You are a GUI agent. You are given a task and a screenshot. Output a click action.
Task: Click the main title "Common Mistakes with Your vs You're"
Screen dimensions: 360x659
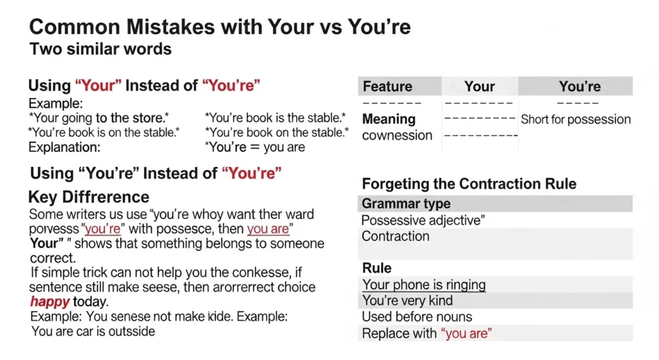(x=220, y=27)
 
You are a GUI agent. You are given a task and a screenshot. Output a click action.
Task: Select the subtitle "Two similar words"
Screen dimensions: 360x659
(x=100, y=48)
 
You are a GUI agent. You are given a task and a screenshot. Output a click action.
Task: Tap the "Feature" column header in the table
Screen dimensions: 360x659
(x=387, y=86)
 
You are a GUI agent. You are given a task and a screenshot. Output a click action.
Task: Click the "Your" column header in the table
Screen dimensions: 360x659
(x=479, y=86)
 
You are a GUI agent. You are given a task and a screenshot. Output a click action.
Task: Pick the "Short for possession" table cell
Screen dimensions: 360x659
(x=575, y=119)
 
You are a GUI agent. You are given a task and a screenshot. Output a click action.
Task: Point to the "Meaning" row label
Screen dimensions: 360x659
(x=389, y=119)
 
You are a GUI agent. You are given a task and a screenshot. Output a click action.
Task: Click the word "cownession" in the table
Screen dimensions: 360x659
(x=397, y=135)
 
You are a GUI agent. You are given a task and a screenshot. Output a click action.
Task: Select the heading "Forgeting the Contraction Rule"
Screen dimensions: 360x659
(x=469, y=184)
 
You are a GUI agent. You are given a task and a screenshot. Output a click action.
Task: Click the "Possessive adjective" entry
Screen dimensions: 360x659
(x=423, y=220)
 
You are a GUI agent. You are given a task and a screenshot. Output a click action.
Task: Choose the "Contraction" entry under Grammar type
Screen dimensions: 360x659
(x=395, y=236)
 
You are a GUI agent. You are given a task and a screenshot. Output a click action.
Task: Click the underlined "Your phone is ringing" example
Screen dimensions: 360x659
(x=423, y=285)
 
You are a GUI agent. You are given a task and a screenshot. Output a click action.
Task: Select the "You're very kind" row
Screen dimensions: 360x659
(x=407, y=301)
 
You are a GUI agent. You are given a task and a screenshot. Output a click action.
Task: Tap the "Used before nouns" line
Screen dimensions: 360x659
(x=416, y=317)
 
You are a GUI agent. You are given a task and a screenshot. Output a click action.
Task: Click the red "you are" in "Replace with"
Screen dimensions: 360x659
(x=467, y=334)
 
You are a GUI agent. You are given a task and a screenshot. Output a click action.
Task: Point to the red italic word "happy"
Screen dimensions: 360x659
(x=50, y=301)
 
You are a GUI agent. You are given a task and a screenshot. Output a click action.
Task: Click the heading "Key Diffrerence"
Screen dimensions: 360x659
(x=89, y=197)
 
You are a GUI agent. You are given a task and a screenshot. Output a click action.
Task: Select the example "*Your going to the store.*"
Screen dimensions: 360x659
(x=98, y=118)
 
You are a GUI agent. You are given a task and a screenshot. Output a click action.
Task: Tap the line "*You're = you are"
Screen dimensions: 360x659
(x=254, y=147)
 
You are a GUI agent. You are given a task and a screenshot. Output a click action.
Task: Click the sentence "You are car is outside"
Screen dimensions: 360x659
(x=93, y=332)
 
